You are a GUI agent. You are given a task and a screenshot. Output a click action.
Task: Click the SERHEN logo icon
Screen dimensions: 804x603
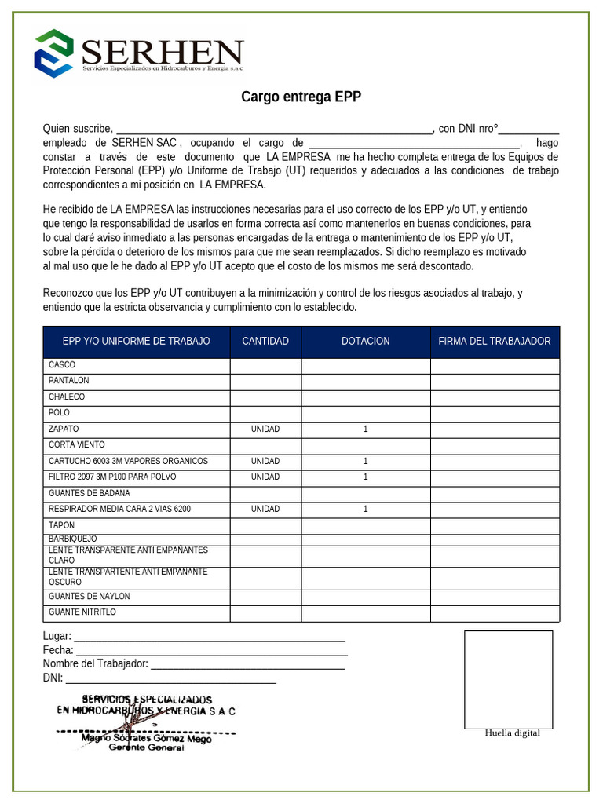53,53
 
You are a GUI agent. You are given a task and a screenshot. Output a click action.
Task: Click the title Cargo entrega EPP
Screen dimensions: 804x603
301,97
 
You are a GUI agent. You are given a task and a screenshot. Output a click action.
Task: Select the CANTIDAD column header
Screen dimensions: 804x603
265,341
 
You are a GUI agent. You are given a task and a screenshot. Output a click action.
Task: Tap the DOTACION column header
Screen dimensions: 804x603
365,341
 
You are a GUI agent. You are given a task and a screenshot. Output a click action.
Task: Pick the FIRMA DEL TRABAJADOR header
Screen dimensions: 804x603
495,341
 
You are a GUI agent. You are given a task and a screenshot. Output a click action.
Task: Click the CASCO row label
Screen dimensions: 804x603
62,365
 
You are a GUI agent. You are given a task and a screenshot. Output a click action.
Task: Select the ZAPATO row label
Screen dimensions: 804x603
64,429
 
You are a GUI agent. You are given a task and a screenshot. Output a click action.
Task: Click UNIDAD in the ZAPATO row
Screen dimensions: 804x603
265,429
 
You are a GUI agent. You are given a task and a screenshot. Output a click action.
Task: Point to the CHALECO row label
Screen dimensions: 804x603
67,397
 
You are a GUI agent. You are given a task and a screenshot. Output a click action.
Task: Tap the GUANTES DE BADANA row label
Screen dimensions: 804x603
90,494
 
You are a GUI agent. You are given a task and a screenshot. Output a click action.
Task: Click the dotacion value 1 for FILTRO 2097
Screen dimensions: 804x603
366,477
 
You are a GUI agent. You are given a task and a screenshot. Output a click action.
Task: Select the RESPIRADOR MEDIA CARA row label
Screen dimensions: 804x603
119,510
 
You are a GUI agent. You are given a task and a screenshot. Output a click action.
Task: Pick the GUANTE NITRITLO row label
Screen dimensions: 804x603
82,612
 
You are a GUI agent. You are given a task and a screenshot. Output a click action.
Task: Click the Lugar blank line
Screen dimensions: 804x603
209,637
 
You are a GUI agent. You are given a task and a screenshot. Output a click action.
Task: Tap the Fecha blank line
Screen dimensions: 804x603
211,651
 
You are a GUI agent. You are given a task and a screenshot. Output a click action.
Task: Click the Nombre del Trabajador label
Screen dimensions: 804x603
95,664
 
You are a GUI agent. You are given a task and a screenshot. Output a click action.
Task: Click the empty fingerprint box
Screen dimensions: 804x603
508,679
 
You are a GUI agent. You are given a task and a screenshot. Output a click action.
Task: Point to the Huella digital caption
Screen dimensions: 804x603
512,733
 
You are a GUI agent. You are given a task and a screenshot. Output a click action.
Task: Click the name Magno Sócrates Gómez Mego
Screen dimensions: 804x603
146,738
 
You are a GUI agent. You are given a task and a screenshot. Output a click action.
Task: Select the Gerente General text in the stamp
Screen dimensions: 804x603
146,748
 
